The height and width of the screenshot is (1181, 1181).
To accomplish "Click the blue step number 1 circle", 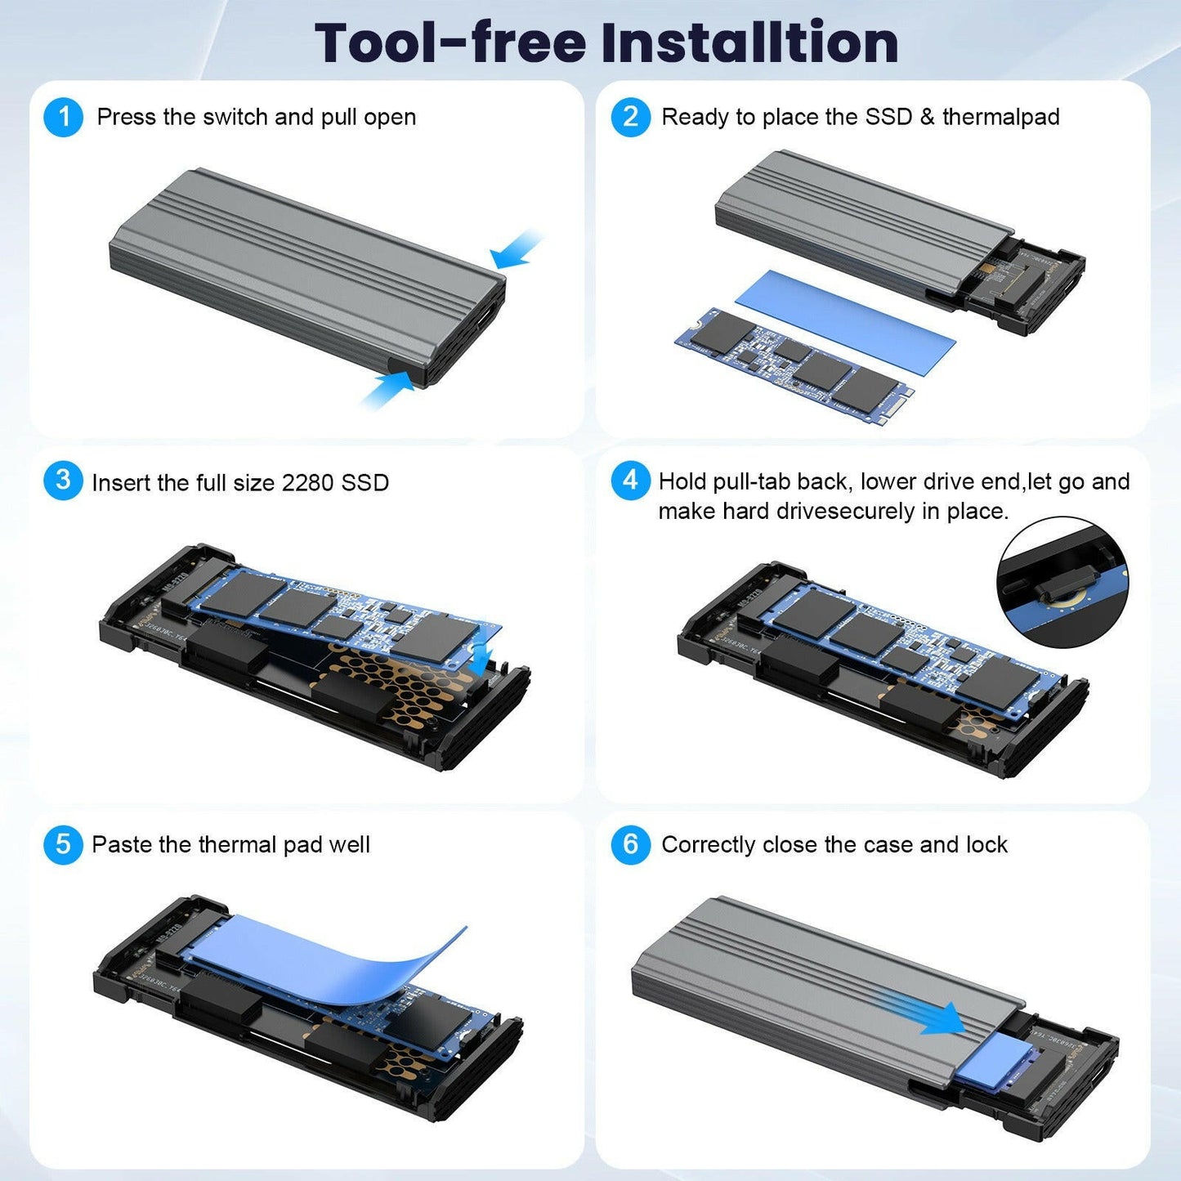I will tap(63, 117).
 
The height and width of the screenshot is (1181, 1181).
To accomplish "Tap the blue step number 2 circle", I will tap(630, 117).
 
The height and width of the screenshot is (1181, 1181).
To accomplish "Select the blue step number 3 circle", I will tap(63, 481).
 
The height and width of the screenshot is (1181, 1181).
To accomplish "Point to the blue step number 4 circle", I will tap(630, 481).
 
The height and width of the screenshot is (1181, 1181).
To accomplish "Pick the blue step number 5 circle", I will tap(63, 844).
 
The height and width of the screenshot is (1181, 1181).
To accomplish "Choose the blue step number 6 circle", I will tap(630, 844).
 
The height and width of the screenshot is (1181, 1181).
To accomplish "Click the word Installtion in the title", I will tap(749, 42).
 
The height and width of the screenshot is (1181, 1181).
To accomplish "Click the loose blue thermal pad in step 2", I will tap(845, 323).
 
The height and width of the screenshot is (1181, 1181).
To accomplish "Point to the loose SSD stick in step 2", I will tap(793, 364).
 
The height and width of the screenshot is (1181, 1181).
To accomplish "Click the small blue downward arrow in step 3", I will tap(483, 653).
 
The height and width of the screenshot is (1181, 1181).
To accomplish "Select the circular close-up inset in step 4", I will tap(1062, 583).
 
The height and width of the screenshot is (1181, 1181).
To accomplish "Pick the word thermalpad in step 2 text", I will tap(1000, 117).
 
